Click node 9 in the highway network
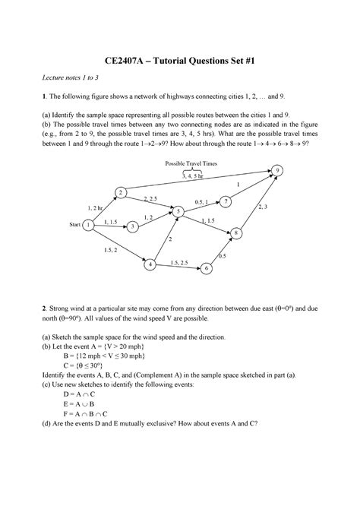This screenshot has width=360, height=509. pos(279,169)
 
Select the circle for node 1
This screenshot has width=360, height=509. pos(90,225)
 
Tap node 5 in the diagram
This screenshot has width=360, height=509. pos(179,210)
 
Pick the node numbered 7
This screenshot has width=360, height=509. pos(226,201)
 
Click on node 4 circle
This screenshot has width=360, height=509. pos(151,264)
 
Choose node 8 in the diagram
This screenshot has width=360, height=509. pos(238,232)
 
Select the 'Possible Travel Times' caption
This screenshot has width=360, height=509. pos(191,164)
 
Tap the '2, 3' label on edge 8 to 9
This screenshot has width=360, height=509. pos(263,206)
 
